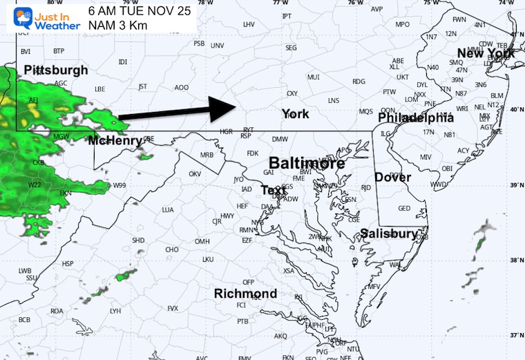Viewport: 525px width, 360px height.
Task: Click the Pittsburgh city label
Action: pos(56,70)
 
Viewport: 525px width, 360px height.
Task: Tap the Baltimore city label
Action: pos(307,164)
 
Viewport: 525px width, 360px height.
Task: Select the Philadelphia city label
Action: pos(416,118)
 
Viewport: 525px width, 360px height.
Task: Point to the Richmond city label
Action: pos(245,294)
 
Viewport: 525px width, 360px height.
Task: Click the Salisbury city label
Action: pos(389,234)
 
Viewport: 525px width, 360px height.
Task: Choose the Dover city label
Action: pos(393,177)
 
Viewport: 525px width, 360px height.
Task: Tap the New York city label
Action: pos(486,53)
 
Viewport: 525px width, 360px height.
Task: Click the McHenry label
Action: pos(115,140)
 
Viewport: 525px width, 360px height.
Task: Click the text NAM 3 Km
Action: pos(118,26)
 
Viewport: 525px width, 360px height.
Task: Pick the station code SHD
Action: pos(138,240)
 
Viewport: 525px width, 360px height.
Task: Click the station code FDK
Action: pos(252,153)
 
